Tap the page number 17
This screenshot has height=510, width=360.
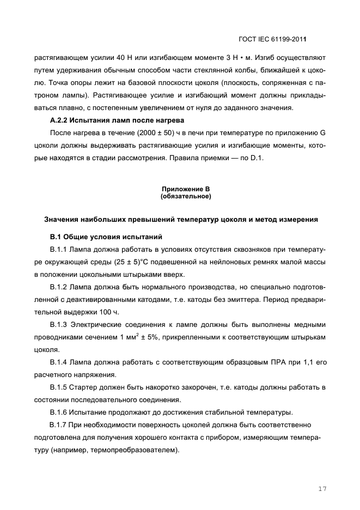tap(322, 489)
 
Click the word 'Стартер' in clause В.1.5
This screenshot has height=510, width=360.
tap(86, 387)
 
